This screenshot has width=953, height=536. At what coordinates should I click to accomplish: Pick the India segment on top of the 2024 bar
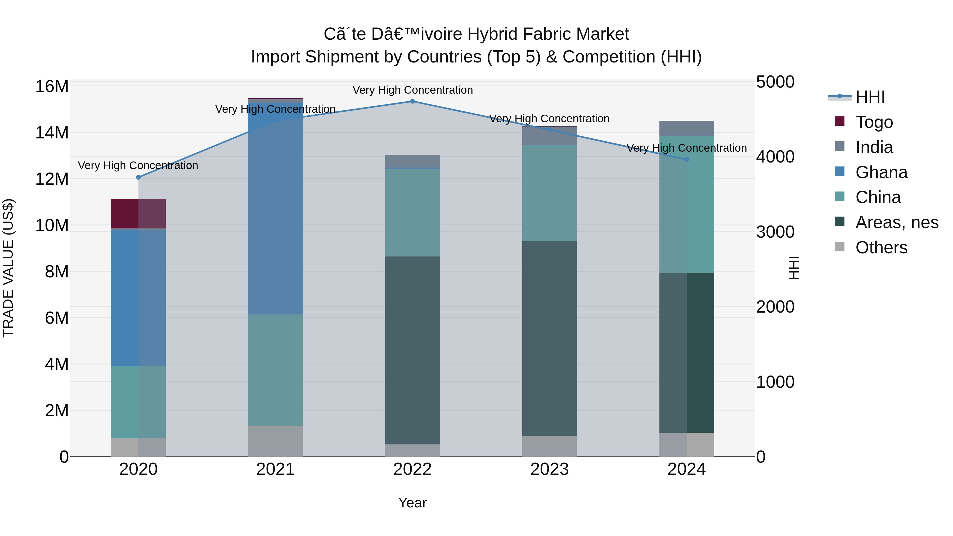click(687, 128)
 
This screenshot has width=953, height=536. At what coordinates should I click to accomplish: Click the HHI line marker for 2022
click(412, 101)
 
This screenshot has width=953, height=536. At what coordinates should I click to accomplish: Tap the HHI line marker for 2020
click(138, 177)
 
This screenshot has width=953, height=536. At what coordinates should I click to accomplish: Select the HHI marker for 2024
click(687, 159)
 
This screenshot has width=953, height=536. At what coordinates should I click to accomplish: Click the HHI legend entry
click(869, 97)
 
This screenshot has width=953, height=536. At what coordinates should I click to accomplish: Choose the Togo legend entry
click(874, 122)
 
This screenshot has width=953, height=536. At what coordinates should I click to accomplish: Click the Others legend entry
click(881, 247)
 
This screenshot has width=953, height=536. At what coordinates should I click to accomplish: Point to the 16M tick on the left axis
click(52, 87)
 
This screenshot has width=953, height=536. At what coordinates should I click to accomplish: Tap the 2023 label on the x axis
click(549, 469)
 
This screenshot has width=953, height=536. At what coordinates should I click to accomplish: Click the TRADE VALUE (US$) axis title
click(8, 268)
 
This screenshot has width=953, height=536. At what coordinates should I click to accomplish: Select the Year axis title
click(412, 503)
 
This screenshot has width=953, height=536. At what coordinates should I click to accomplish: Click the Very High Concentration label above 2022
click(412, 90)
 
